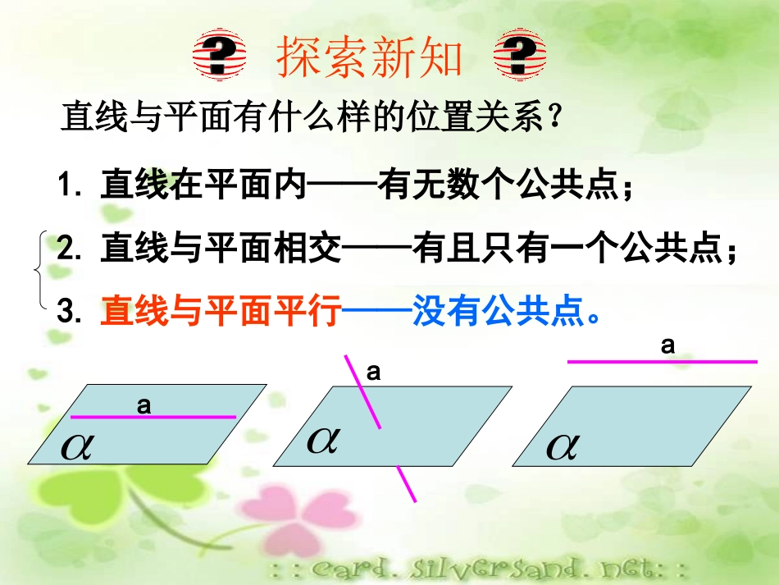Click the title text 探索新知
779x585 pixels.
click(371, 57)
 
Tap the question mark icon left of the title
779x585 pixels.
click(219, 57)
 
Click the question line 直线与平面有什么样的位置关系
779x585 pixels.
click(312, 119)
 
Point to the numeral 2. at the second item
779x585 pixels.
click(73, 249)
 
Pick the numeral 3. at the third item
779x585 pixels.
click(73, 312)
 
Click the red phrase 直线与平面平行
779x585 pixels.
click(220, 312)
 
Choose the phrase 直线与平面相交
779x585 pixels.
click(220, 249)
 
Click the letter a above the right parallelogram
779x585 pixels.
click(668, 345)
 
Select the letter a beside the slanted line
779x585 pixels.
click(373, 372)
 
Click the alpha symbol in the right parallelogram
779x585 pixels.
click(563, 446)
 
